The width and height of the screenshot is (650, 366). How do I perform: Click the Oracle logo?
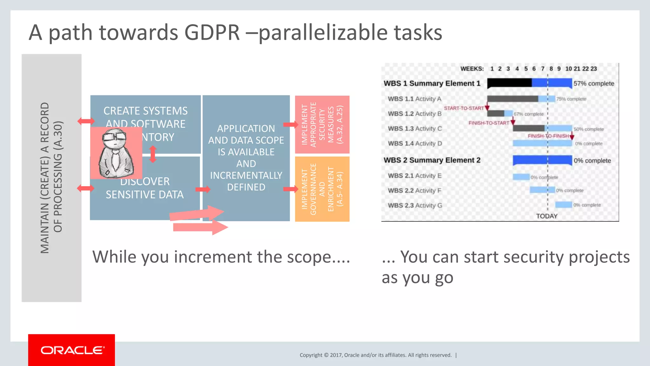point(72,350)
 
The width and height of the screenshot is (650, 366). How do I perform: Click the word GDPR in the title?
point(212,32)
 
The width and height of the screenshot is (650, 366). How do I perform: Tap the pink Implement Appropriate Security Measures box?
point(322,125)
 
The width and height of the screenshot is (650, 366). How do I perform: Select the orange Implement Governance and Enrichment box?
point(322,189)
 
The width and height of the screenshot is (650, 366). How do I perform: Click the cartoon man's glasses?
point(114,137)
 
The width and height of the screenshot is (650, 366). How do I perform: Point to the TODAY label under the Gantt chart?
point(547,216)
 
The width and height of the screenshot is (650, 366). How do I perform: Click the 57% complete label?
point(594,84)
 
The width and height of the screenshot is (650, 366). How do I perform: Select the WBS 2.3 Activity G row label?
point(415,206)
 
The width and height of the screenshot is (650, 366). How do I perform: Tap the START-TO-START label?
point(463,108)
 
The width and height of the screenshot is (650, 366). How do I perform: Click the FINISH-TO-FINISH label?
point(548,136)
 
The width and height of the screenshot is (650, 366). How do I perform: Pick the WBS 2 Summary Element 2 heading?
point(432,160)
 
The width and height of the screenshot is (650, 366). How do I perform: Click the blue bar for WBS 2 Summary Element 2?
point(542,160)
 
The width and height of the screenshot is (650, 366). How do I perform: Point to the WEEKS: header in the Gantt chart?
point(472,69)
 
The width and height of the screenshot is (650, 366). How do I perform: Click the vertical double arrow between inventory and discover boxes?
point(153,154)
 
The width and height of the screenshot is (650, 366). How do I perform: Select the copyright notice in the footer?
point(375,355)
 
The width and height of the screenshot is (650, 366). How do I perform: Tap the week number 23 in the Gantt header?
point(594,69)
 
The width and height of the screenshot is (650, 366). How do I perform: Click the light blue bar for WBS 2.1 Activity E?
point(521,177)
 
